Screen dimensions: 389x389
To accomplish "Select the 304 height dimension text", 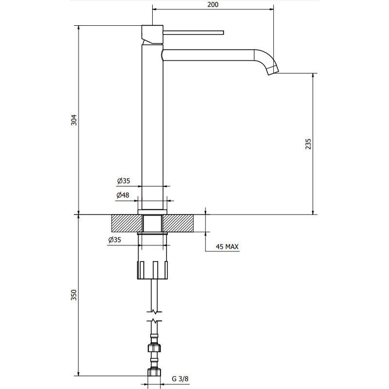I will pos(74,120).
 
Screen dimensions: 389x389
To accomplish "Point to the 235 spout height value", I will pos(308,144).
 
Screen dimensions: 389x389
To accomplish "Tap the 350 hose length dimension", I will pos(74,296).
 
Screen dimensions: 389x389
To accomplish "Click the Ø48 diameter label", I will pos(123,195).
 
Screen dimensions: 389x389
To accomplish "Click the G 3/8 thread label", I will pos(180,379).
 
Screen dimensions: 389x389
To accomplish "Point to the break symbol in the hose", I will pos(154,315).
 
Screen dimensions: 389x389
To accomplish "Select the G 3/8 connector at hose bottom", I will pos(154,373).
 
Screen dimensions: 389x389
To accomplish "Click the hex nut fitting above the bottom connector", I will pos(154,349).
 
